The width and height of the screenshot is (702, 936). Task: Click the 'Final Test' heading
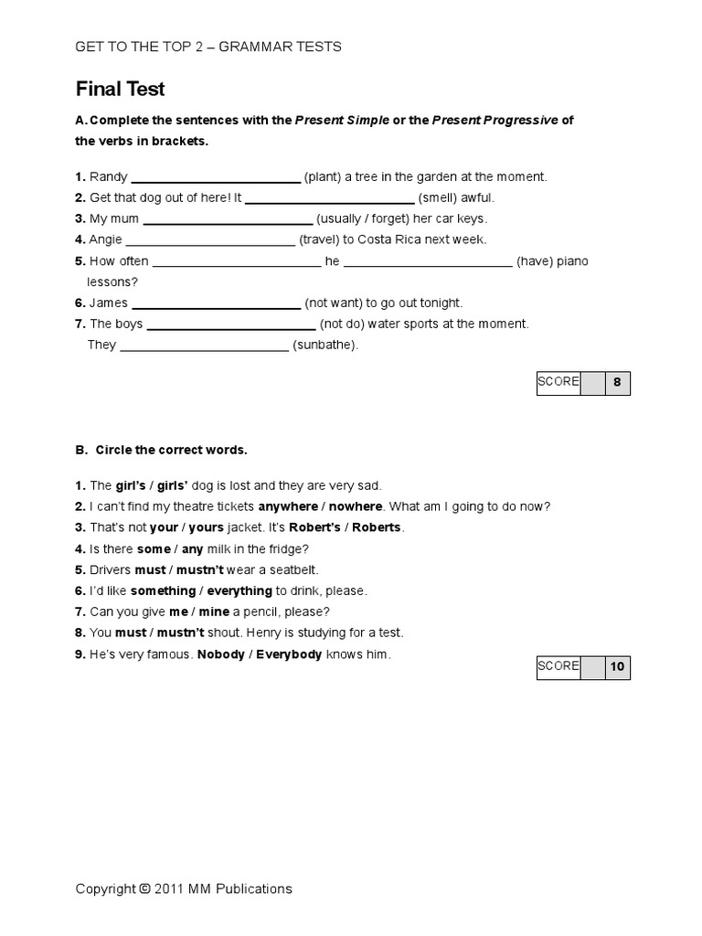(120, 89)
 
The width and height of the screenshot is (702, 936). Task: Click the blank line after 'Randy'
(216, 177)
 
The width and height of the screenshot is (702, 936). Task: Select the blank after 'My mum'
(228, 219)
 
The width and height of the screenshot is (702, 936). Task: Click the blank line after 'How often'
(237, 262)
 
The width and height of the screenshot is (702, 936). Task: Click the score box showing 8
(617, 383)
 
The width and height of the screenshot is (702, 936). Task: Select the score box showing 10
(617, 667)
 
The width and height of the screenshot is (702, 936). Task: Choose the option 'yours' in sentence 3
(206, 527)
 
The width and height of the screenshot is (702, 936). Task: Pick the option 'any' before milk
(193, 548)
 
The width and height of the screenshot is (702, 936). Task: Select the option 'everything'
(239, 590)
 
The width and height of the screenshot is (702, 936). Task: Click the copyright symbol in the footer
(144, 888)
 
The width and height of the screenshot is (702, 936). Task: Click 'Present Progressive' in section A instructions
(495, 121)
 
